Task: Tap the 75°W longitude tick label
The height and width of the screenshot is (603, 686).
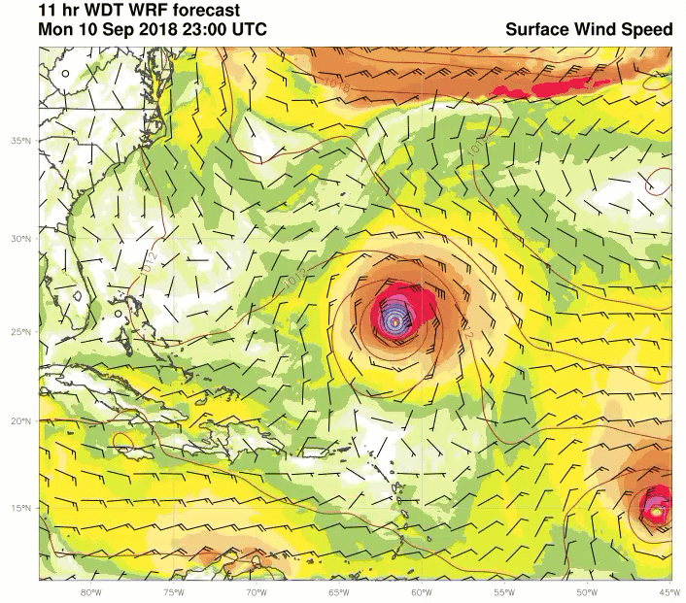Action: [x=173, y=592]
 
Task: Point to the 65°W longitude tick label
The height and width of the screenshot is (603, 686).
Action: [x=338, y=592]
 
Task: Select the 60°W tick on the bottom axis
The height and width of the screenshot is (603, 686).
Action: [x=421, y=592]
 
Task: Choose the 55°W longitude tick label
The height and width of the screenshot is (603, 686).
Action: [x=503, y=592]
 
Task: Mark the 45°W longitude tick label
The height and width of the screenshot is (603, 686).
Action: [x=669, y=592]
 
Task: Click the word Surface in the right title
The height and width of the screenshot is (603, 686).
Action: [x=538, y=29]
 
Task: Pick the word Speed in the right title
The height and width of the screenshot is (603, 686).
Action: [x=649, y=29]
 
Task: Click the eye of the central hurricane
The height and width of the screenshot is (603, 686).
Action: [x=394, y=320]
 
